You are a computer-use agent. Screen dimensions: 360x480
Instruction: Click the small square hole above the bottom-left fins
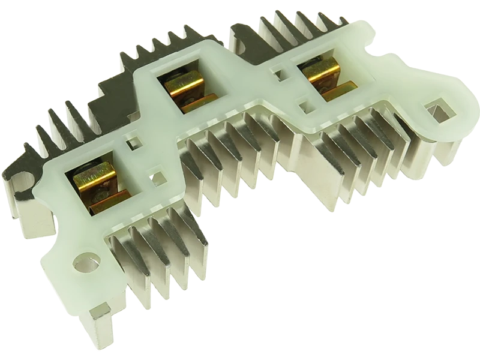tap(157, 178)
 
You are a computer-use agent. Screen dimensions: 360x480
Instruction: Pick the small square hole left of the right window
tap(280, 74)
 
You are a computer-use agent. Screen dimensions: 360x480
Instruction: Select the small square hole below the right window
tap(305, 107)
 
